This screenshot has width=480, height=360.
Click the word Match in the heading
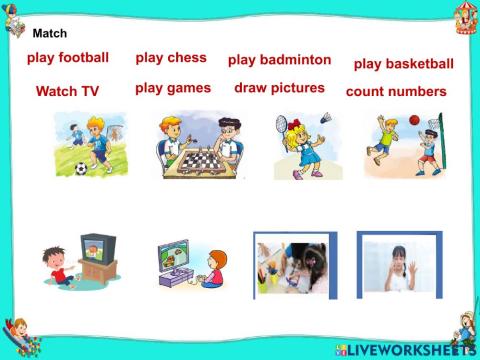[x=50, y=33]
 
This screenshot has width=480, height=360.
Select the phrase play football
[x=68, y=58]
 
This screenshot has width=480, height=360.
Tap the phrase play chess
[x=171, y=57]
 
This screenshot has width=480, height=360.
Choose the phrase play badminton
[x=279, y=60]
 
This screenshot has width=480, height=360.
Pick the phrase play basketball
[x=403, y=64]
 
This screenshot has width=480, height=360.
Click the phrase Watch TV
[x=67, y=91]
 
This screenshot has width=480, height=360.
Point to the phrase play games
[x=173, y=88]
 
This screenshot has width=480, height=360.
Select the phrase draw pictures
[x=279, y=88]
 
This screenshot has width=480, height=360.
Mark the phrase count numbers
[x=396, y=91]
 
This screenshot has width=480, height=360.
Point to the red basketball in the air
[x=414, y=120]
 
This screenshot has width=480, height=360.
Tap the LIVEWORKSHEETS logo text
[x=410, y=350]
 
